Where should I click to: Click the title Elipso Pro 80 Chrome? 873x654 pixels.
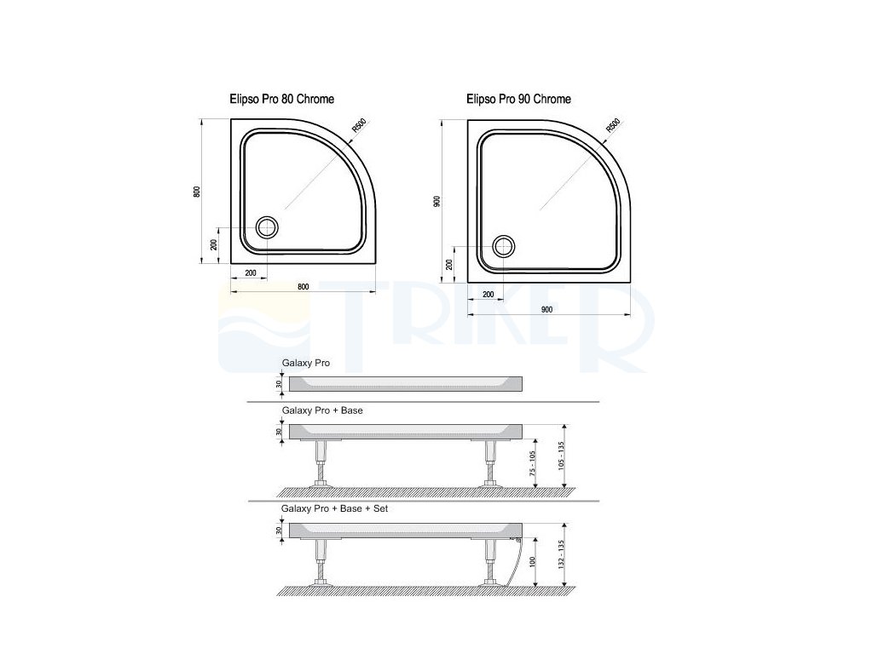click(x=281, y=99)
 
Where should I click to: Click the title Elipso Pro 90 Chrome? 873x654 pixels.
click(x=518, y=99)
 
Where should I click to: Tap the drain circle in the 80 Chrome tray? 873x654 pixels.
click(x=267, y=227)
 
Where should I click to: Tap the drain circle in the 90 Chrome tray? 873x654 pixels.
click(x=503, y=246)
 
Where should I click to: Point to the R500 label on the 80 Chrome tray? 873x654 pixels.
click(x=359, y=126)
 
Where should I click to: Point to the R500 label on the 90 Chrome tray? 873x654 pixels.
click(x=612, y=126)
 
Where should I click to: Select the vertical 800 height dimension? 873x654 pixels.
click(x=197, y=192)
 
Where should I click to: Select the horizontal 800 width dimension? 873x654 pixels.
click(x=303, y=287)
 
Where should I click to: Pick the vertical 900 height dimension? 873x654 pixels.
click(x=436, y=202)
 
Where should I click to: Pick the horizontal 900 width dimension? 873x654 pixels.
click(x=546, y=310)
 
